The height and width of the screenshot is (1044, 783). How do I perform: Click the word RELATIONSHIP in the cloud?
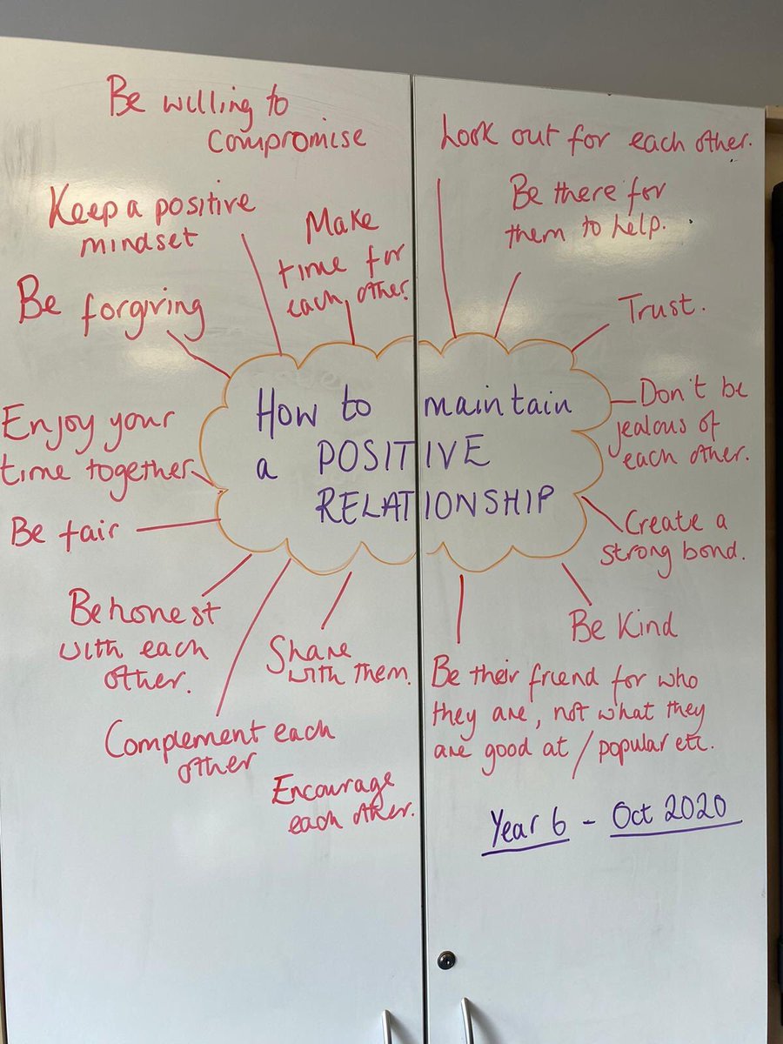coord(435,503)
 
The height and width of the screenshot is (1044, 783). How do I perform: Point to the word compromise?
coord(287,139)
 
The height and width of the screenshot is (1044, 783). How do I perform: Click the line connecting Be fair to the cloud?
coord(177,525)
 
